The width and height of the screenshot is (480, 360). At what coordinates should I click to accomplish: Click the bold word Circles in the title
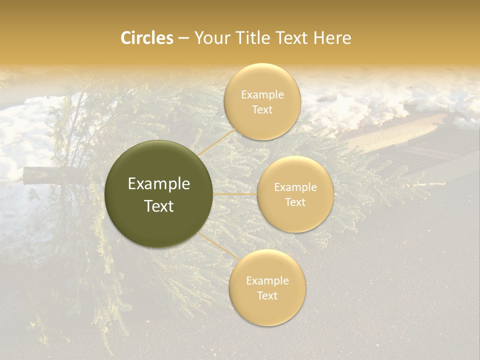(x=146, y=38)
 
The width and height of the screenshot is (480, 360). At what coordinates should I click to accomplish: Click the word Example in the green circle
(x=159, y=184)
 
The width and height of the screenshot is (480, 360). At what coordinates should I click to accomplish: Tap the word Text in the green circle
(x=159, y=206)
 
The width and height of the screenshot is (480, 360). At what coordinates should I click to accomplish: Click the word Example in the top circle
(x=262, y=95)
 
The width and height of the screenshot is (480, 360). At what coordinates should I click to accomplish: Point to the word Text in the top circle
(x=262, y=110)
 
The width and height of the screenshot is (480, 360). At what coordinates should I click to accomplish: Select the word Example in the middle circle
(x=295, y=187)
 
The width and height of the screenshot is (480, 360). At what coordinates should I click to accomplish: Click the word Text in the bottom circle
(x=267, y=295)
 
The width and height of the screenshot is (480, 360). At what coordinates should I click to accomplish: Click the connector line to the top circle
(x=215, y=142)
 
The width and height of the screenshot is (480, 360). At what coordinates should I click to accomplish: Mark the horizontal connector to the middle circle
(x=235, y=193)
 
